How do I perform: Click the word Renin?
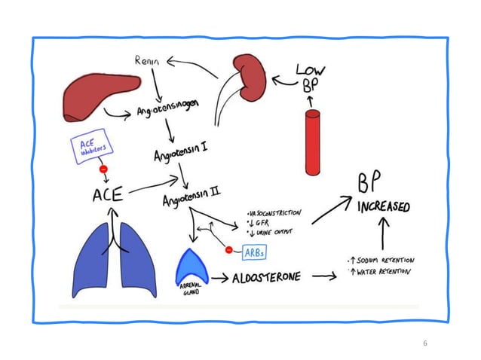tap(149, 60)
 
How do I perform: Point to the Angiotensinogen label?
tap(167, 112)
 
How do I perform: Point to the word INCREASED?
tap(384, 206)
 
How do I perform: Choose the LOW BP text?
tap(310, 78)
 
